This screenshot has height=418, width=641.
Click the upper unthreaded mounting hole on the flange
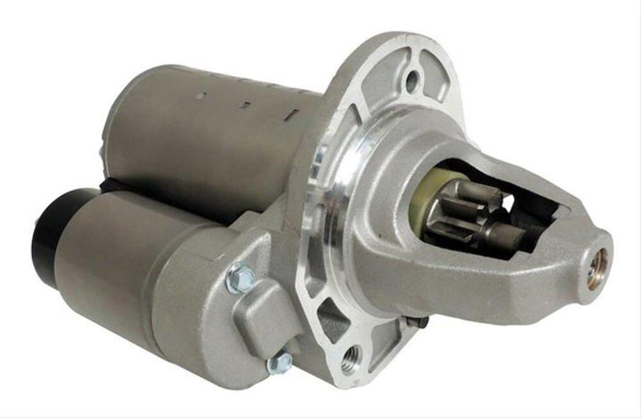tap(412, 79)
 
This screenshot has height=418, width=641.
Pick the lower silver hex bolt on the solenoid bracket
tap(276, 364)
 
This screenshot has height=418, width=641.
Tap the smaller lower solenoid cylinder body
tap(120, 264)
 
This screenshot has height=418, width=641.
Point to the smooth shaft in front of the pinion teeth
tap(517, 237)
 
